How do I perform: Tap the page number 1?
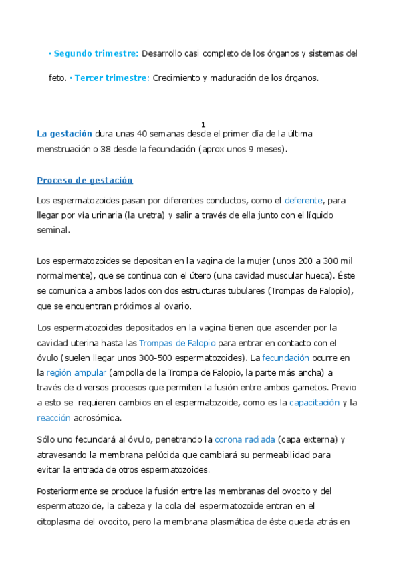coord(203,125)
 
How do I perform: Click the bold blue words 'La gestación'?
coord(65,134)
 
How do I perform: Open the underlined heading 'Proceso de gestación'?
coord(85,181)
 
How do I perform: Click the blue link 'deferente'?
coord(304,200)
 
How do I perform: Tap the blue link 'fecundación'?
coord(285,358)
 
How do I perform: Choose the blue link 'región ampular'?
coord(76,372)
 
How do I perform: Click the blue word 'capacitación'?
coord(314,403)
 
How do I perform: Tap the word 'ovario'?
coord(178,306)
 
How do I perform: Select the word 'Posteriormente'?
coord(70,491)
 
